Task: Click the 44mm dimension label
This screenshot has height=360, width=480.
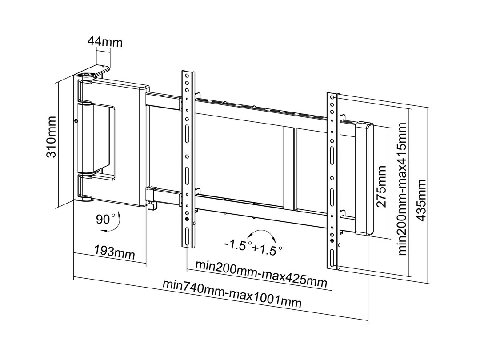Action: point(105,42)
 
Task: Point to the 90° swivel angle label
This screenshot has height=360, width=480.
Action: point(105,219)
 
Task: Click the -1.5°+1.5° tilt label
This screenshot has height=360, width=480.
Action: point(253,248)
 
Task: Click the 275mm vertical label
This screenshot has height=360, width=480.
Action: point(381,186)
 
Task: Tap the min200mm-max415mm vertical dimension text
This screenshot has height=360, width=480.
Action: point(403,189)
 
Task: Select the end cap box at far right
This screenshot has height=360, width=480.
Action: point(364,178)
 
